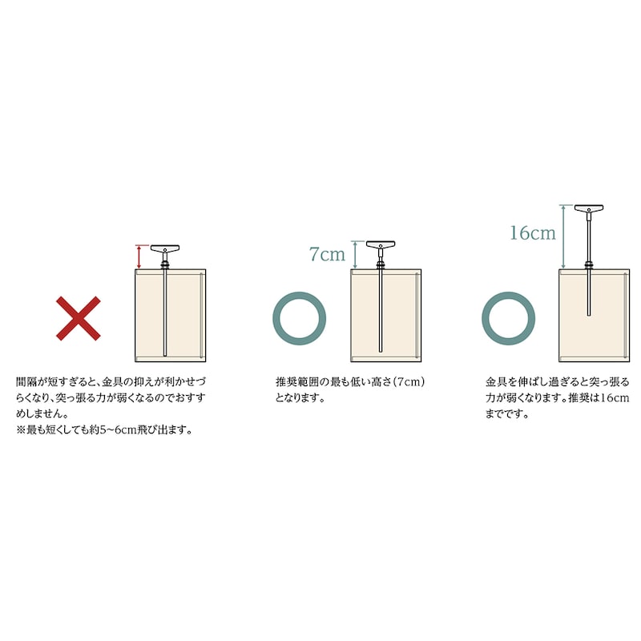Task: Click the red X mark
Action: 78,317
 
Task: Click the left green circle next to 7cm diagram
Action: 300,316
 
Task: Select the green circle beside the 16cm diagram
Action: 508,316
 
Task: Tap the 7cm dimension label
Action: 327,255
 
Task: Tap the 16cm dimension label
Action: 532,233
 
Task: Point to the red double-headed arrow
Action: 139,257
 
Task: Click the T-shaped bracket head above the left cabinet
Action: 165,248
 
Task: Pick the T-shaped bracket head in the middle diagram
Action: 381,245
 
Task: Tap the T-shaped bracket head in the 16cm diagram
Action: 589,210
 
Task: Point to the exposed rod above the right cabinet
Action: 589,240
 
